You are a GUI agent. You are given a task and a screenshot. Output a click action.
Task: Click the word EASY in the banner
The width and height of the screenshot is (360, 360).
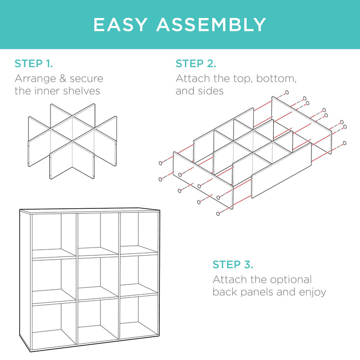click(120, 25)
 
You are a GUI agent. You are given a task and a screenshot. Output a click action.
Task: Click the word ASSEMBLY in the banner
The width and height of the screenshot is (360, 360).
click(211, 25)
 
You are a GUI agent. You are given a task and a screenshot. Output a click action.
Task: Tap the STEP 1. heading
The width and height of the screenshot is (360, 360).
click(33, 63)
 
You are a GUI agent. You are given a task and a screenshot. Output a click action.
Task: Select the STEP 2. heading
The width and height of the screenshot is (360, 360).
click(196, 63)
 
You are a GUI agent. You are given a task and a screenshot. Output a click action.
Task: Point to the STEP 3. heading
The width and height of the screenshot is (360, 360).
click(233, 265)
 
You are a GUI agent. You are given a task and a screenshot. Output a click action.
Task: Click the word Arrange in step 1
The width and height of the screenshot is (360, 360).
click(36, 79)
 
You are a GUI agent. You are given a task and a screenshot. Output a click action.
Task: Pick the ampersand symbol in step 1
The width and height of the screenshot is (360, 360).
click(63, 78)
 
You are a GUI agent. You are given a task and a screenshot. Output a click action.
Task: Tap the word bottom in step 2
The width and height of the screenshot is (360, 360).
click(276, 79)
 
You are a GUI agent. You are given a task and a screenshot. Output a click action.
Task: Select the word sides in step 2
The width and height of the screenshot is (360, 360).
click(211, 91)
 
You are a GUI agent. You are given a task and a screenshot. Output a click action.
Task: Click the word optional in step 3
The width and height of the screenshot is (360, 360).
click(291, 280)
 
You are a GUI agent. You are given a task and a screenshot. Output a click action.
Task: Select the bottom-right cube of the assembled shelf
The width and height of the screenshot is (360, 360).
click(139, 317)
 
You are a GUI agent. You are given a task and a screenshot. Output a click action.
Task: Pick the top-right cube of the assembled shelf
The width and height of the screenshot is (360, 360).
click(139, 233)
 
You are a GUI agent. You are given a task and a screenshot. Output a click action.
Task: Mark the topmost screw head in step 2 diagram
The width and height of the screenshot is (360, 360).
click(287, 93)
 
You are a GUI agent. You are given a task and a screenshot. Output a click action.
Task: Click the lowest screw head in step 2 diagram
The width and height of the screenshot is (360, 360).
click(218, 214)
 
